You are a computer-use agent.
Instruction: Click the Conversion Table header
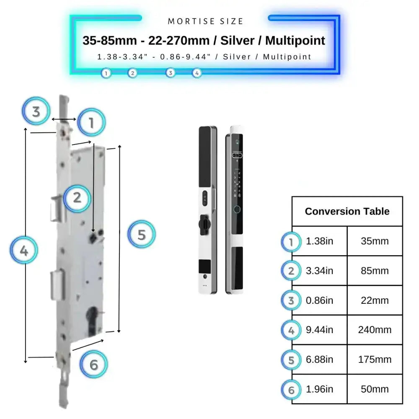click(347, 211)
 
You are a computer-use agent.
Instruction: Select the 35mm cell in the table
click(375, 241)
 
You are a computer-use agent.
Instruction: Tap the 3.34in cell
click(320, 271)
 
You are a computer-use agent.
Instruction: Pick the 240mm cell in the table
click(375, 330)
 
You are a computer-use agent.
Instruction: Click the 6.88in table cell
click(320, 360)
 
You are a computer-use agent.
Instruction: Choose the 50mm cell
click(375, 389)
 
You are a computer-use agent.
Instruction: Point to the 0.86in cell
click(320, 300)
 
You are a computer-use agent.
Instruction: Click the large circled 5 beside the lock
click(141, 235)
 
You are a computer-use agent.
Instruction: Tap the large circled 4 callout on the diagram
click(24, 251)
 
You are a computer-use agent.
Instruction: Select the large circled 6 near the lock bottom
click(93, 365)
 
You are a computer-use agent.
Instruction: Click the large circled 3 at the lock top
click(36, 111)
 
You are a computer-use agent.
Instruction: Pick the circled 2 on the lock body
click(77, 197)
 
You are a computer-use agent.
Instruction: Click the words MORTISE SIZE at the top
click(205, 21)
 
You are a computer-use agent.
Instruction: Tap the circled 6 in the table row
click(291, 389)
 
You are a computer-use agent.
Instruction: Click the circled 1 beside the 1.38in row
click(291, 242)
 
